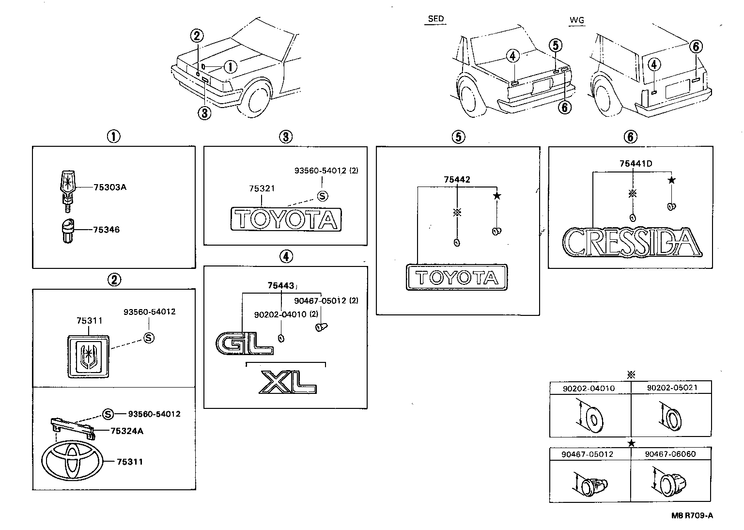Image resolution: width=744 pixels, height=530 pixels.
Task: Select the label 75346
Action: click(107, 230)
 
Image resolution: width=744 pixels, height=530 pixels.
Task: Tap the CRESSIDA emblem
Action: click(632, 242)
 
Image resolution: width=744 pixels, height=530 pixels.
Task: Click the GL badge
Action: click(244, 343)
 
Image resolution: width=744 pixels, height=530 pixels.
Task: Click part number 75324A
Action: click(126, 431)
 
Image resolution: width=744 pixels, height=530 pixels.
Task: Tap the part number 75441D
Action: click(635, 164)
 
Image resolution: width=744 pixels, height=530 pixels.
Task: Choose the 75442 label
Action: click(457, 180)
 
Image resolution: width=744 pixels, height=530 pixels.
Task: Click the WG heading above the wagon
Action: click(577, 20)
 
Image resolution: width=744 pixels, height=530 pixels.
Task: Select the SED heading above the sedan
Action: click(435, 19)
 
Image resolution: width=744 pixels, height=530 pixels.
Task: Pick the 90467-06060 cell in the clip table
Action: click(671, 454)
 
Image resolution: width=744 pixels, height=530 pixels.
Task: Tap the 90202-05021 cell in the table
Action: click(671, 388)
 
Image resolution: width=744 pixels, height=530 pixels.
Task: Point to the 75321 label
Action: click(262, 188)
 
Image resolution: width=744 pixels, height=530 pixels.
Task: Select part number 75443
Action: click(280, 286)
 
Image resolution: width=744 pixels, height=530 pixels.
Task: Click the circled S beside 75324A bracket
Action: click(108, 414)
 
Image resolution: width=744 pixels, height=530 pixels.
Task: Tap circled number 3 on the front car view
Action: click(204, 113)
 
